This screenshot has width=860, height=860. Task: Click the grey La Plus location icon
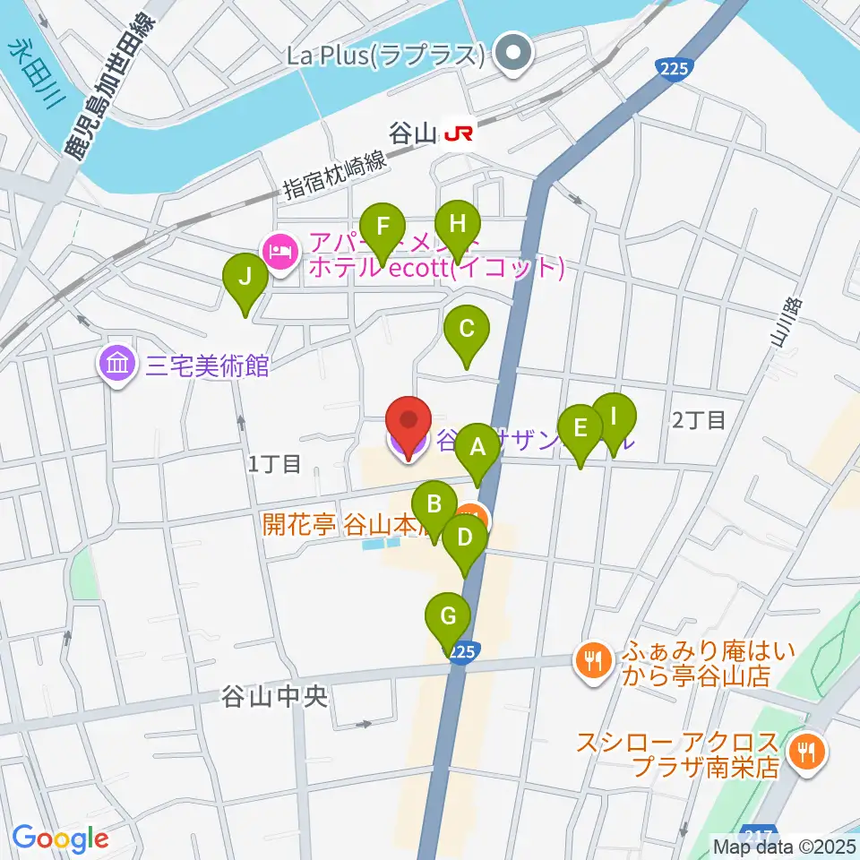pos(514,54)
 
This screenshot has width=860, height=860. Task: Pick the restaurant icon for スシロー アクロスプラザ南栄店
pos(807,751)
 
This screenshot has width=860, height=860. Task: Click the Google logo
pos(60,838)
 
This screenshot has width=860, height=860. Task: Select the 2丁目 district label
pos(699,419)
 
